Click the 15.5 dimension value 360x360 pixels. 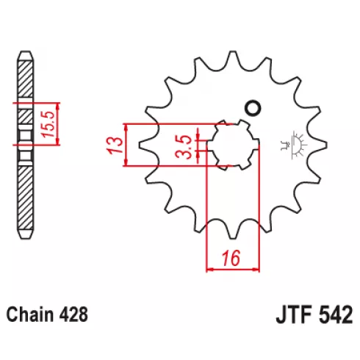[47, 124]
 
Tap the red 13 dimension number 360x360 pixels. [115, 145]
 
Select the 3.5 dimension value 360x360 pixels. [184, 147]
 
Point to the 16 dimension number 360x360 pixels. [231, 259]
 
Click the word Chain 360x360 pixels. [29, 314]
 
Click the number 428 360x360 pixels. [73, 314]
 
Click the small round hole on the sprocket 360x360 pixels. [253, 107]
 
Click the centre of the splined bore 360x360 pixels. [233, 145]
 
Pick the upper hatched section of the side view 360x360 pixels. [25, 79]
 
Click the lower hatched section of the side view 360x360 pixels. [25, 198]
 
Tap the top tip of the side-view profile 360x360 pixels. [25, 51]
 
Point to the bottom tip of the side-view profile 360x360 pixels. [25, 238]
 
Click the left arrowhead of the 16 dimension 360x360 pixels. [209, 270]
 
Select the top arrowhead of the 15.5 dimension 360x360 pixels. [57, 106]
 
